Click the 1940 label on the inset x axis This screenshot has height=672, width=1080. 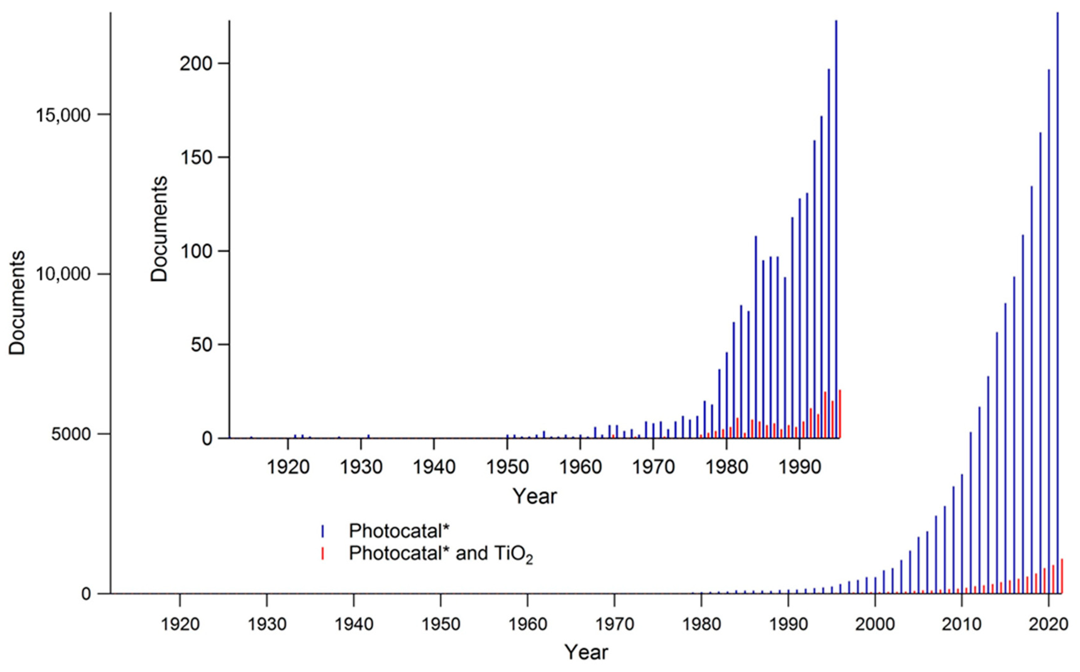tap(434, 467)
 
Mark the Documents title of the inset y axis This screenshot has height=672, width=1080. tap(159, 229)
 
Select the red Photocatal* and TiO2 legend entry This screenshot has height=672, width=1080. tap(440, 554)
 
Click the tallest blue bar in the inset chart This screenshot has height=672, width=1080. tap(836, 222)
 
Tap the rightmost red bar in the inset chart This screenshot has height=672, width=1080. tap(840, 413)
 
